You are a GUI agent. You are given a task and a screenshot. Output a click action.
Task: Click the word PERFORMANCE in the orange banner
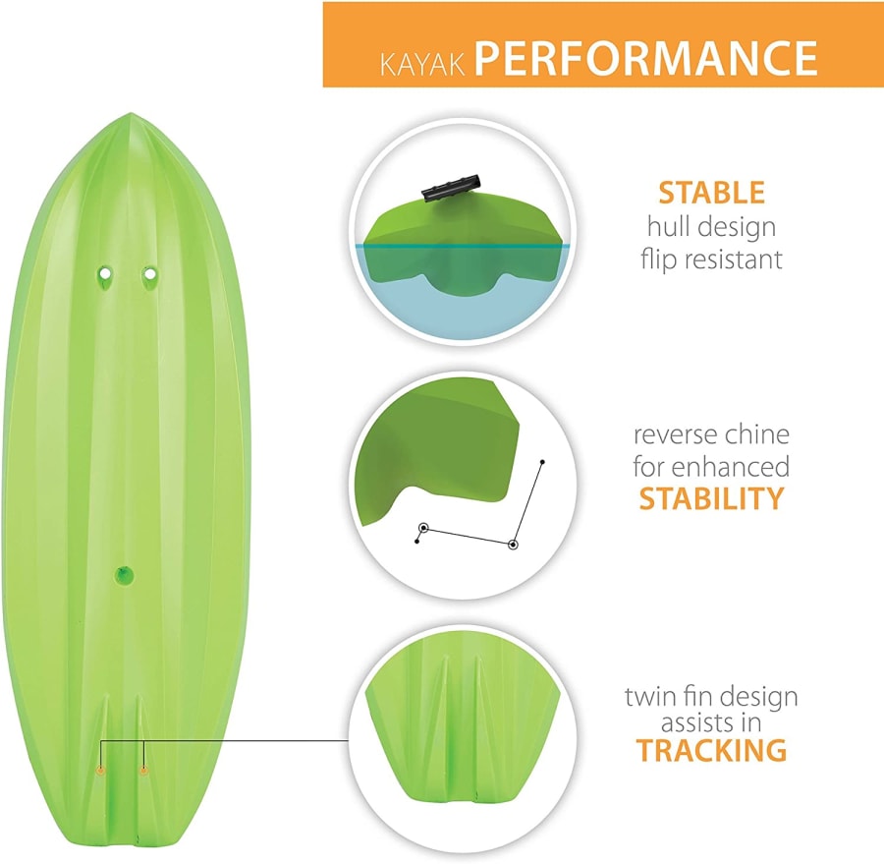[646, 57]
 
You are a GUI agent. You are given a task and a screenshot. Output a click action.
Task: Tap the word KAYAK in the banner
[423, 64]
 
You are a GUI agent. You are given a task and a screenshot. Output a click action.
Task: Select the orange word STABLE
[711, 193]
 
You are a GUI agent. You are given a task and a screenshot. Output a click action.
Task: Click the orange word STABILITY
[711, 498]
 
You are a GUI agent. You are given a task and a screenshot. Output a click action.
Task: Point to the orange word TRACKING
[711, 750]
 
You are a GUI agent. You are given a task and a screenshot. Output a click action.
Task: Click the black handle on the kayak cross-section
[452, 188]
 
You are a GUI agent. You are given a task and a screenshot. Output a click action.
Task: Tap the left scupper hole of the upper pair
[104, 273]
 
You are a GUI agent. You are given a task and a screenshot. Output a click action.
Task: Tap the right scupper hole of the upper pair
[149, 274]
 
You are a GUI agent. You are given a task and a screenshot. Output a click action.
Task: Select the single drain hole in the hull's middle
[124, 576]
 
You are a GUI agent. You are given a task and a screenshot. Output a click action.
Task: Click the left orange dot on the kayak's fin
[101, 771]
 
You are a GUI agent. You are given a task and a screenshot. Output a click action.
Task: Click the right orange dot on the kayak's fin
[143, 771]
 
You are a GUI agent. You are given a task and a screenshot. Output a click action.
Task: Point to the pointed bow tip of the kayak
[131, 114]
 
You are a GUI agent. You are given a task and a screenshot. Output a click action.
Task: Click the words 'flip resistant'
[711, 259]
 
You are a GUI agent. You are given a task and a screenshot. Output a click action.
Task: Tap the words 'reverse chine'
[711, 434]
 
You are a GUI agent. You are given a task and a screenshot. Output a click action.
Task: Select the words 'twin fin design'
[711, 698]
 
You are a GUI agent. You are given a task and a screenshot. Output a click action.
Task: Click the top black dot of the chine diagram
[542, 462]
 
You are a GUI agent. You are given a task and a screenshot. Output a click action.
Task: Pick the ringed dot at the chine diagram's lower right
[513, 545]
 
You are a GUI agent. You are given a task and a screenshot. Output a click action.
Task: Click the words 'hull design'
[711, 227]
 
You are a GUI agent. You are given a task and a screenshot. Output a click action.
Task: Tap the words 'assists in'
[711, 722]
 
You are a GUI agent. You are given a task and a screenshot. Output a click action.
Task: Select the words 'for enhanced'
[711, 467]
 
